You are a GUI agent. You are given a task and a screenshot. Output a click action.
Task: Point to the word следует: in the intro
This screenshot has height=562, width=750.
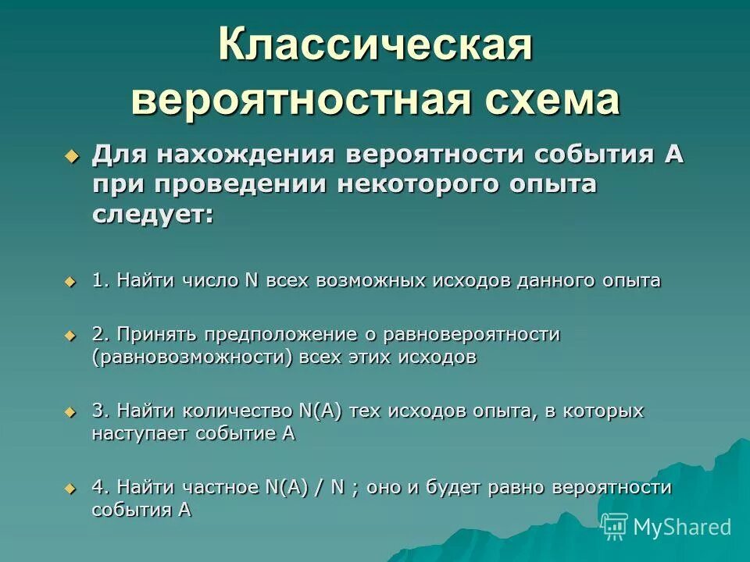[152, 215]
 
